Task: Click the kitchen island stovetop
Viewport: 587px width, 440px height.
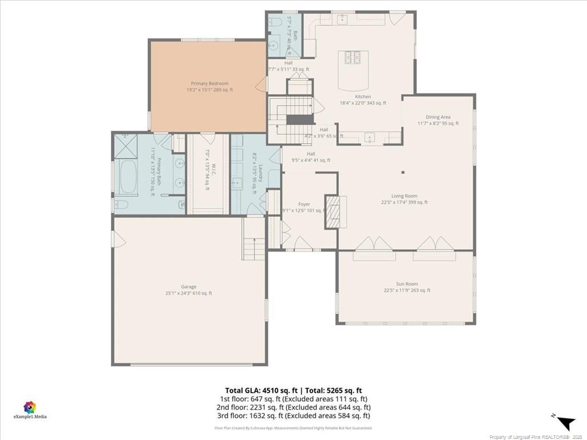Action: pos(353,57)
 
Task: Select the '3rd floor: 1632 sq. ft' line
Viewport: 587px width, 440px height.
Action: pos(293,415)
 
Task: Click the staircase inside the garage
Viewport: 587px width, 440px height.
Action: pos(253,239)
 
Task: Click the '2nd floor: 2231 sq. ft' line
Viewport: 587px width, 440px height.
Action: pos(293,407)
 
